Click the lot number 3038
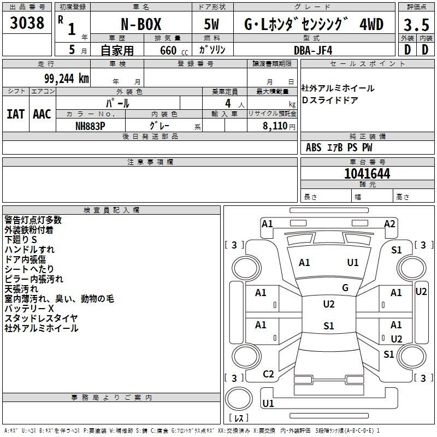[27, 23]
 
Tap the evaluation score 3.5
[416, 25]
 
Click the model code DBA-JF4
[309, 50]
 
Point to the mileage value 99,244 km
[63, 78]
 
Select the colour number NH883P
[90, 125]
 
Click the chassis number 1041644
[367, 174]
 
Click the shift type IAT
[16, 114]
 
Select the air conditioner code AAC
[42, 114]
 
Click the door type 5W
[212, 25]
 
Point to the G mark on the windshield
[345, 287]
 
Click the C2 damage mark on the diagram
[268, 374]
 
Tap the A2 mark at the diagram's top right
[389, 223]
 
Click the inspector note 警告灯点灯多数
[33, 220]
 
